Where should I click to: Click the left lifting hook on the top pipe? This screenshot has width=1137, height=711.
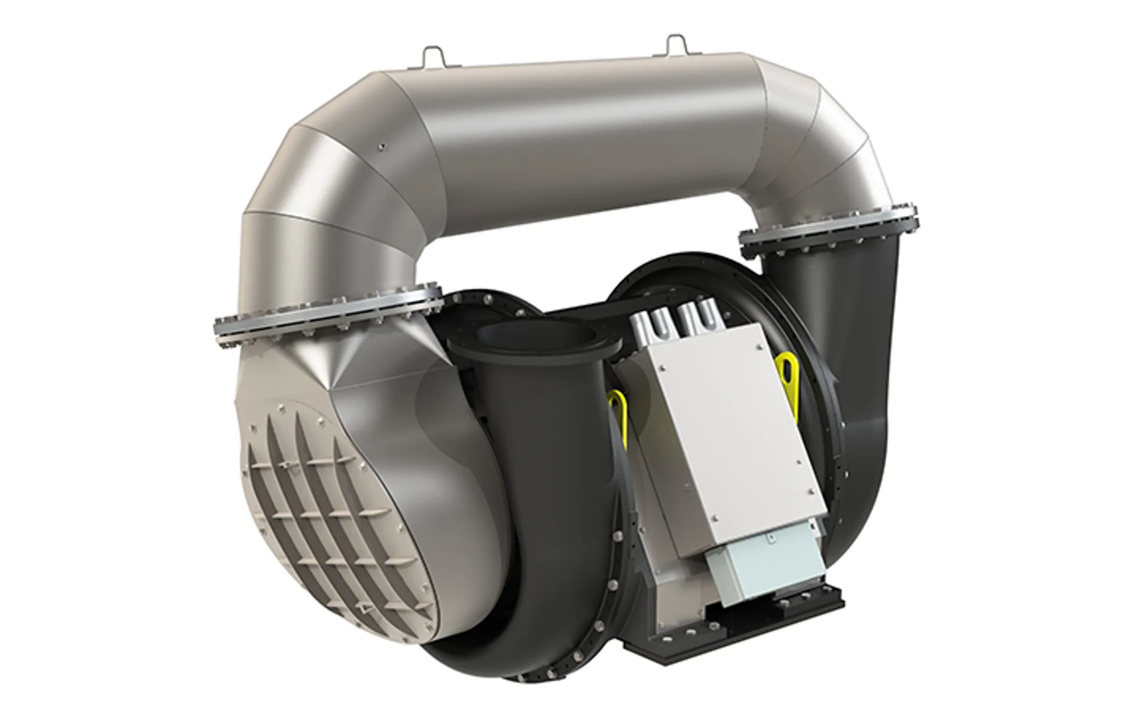point(433,57)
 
